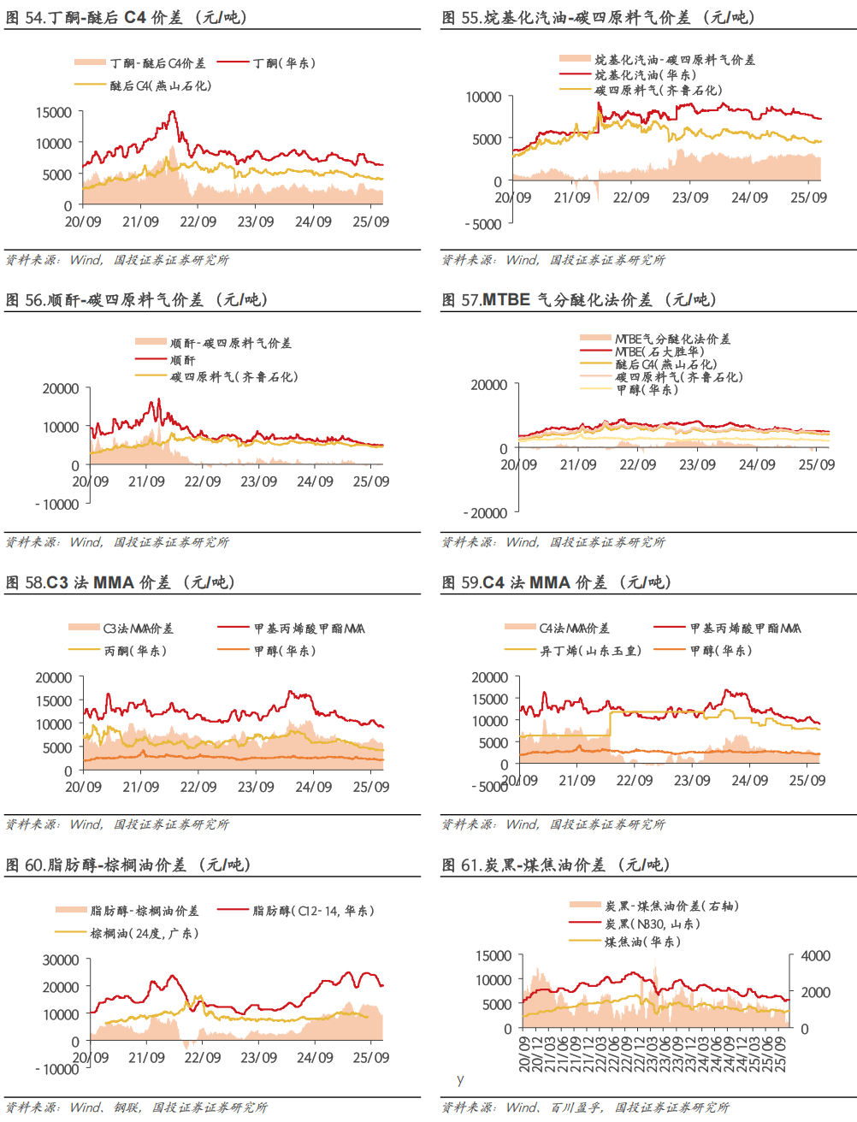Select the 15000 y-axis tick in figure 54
click(54, 113)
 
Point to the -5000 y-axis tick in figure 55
click(483, 225)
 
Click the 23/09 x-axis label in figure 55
click(690, 198)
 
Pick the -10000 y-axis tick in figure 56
click(57, 505)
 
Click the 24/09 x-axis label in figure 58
click(313, 787)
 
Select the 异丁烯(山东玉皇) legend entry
click(591, 651)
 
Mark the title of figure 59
click(556, 582)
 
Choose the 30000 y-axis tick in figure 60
click(61, 960)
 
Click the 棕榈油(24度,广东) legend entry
click(145, 933)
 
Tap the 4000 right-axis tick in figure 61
click(815, 956)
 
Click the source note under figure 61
click(585, 1107)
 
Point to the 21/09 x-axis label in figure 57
click(578, 465)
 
